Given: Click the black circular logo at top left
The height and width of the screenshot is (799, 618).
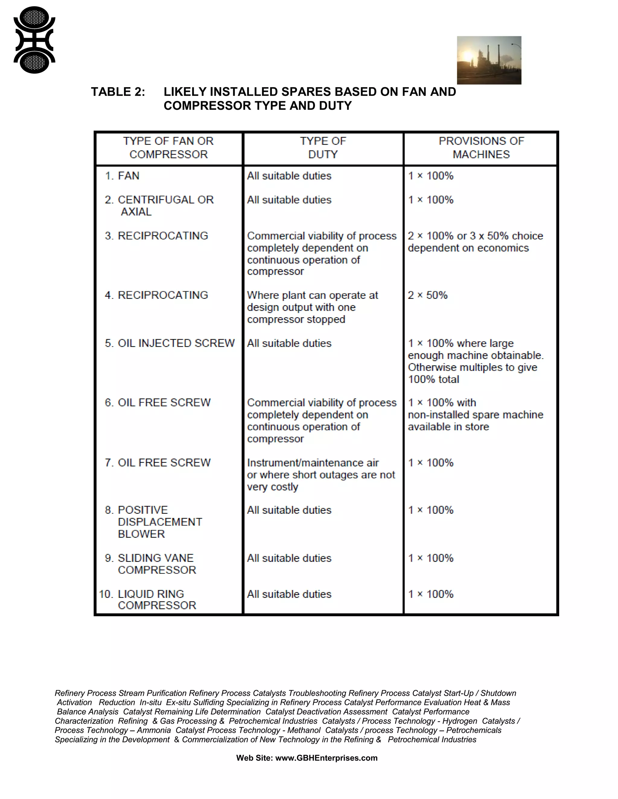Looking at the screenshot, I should [34, 40].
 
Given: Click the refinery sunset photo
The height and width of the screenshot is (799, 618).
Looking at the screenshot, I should [489, 60].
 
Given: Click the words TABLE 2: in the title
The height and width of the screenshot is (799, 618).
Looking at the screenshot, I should [118, 92].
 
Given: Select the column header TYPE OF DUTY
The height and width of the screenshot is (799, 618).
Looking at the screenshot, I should [323, 148].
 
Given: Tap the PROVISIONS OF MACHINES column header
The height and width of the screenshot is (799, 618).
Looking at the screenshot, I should [481, 148].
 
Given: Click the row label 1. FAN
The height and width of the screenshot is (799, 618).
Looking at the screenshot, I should [122, 176].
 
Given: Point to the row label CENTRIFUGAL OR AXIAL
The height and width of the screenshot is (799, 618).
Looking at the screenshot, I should [159, 206].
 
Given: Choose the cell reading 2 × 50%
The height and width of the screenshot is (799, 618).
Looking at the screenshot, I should [428, 295].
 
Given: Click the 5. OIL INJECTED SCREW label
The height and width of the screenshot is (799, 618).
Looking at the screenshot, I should [170, 343].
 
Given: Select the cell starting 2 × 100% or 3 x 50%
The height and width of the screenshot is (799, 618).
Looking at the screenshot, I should [475, 242].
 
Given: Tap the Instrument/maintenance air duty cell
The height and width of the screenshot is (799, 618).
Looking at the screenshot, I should [321, 475].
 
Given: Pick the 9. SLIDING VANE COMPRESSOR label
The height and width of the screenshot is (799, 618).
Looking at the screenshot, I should [151, 564].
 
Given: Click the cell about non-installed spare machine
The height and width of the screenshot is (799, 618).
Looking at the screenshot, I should [475, 415].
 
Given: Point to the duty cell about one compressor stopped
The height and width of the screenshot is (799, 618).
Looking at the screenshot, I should [312, 307].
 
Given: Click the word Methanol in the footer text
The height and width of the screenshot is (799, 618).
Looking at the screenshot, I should [304, 730].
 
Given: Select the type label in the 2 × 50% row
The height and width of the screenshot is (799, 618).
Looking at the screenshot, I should [157, 295].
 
